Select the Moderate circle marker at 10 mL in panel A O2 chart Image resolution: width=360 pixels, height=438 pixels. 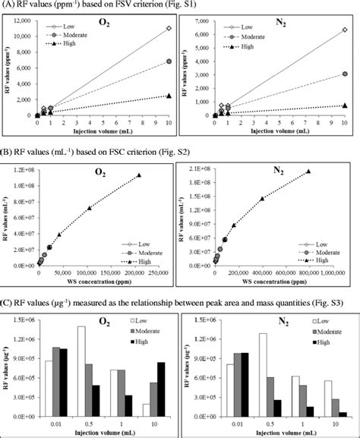(168, 61)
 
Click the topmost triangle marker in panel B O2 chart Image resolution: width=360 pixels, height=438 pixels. (139, 175)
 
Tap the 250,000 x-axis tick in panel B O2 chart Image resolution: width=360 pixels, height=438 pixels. (163, 271)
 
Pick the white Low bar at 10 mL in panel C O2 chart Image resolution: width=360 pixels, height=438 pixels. (144, 404)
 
